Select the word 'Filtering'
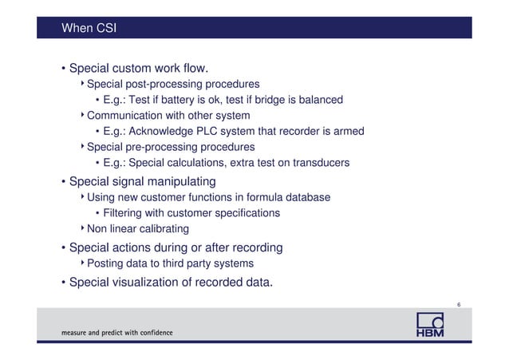pyautogui.click(x=124, y=213)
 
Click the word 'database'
pyautogui.click(x=306, y=197)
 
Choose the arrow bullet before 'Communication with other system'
pyautogui.click(x=82, y=116)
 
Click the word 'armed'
pyautogui.click(x=349, y=132)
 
